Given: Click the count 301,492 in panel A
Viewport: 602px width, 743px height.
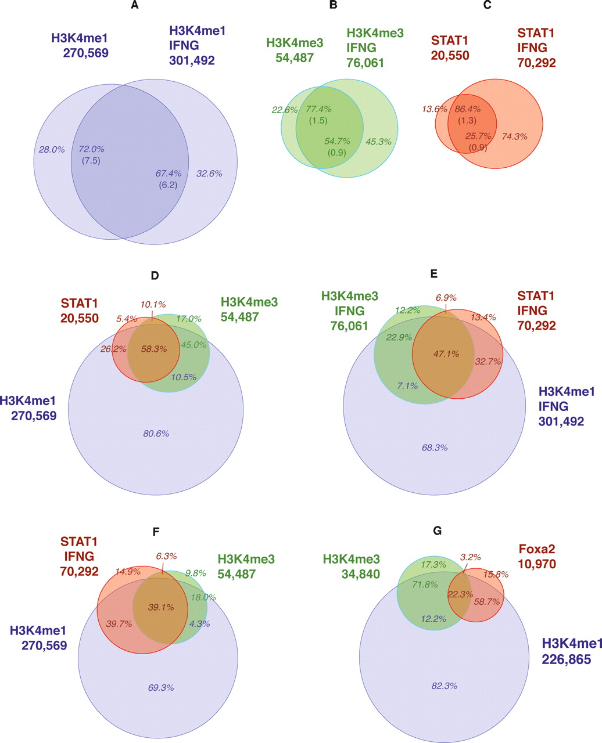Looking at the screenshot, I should [x=192, y=60].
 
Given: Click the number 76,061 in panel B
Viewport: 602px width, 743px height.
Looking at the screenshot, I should [x=365, y=62].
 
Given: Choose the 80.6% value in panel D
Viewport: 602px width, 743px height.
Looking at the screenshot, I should [x=156, y=433].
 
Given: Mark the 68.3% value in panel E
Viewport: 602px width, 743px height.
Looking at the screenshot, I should [x=435, y=448].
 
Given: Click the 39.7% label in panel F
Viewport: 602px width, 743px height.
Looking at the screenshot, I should [x=119, y=623].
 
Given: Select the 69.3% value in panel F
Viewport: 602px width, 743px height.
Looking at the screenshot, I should [x=161, y=687].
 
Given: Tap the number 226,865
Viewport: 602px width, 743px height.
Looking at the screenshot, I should [x=567, y=659].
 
